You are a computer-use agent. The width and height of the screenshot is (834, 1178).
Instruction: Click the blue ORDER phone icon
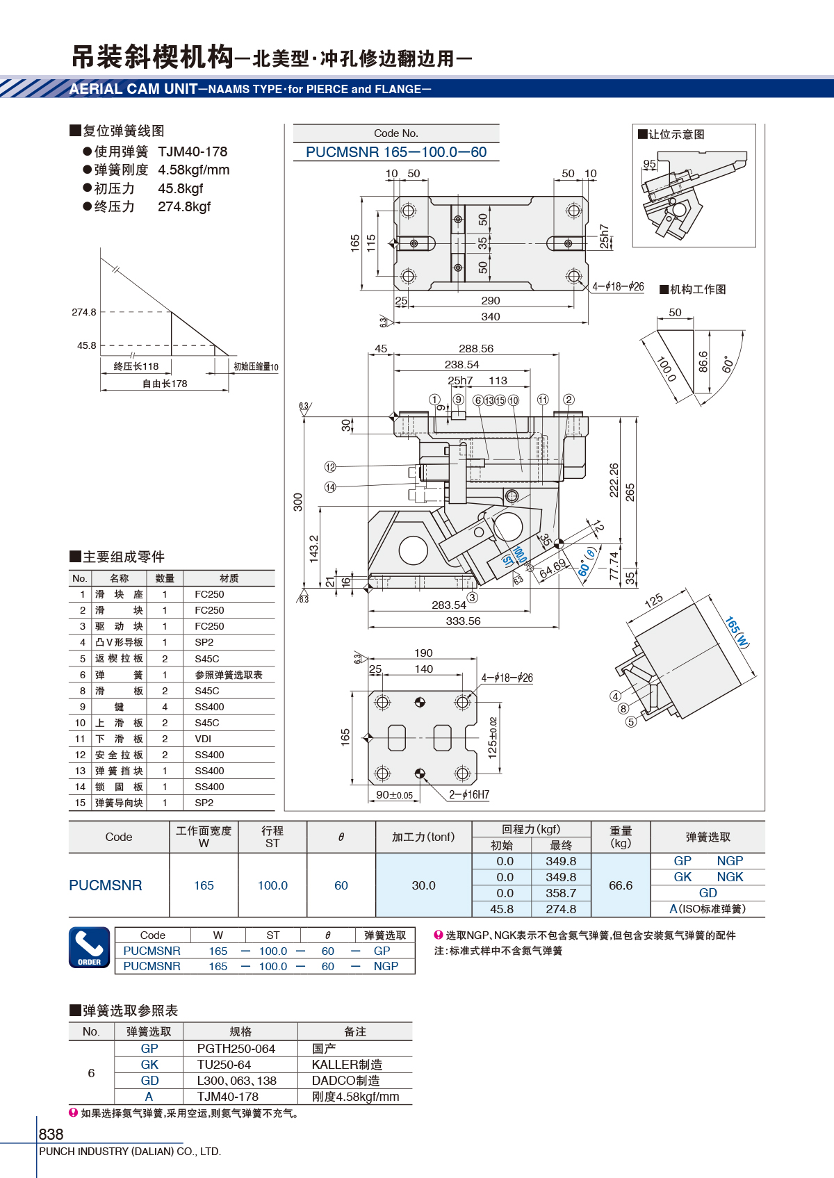89,947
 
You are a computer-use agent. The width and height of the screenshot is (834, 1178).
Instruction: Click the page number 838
51,1134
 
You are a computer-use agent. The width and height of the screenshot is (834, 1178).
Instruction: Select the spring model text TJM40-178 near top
193,152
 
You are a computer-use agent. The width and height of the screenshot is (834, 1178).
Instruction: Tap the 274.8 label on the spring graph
84,312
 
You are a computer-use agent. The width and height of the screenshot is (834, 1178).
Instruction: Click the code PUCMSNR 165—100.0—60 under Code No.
396,152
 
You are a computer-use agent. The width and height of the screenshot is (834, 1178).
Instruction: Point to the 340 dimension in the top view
490,317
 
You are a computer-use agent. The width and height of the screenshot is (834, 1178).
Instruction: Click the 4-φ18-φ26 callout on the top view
618,286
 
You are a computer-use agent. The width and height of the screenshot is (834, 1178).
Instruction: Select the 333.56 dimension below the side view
464,621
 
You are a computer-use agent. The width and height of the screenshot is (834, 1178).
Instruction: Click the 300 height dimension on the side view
298,502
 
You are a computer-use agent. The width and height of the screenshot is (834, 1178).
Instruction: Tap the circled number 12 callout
329,466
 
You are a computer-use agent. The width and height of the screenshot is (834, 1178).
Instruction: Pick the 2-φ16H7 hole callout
469,794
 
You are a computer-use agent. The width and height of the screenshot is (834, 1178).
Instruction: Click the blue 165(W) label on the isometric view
737,632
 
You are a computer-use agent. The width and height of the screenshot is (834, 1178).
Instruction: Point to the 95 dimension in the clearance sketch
649,163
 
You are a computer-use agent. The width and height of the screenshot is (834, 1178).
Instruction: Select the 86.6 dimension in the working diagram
703,362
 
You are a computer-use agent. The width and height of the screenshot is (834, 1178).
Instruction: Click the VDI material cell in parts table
203,739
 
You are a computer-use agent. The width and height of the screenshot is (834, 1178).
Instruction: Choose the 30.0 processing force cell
423,885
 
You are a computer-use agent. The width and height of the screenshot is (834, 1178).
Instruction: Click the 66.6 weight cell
621,885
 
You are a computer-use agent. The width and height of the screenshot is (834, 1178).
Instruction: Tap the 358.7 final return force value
561,893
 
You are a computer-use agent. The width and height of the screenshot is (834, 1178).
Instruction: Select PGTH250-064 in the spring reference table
236,1049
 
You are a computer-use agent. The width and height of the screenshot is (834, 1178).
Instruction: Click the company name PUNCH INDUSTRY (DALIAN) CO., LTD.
130,1151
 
